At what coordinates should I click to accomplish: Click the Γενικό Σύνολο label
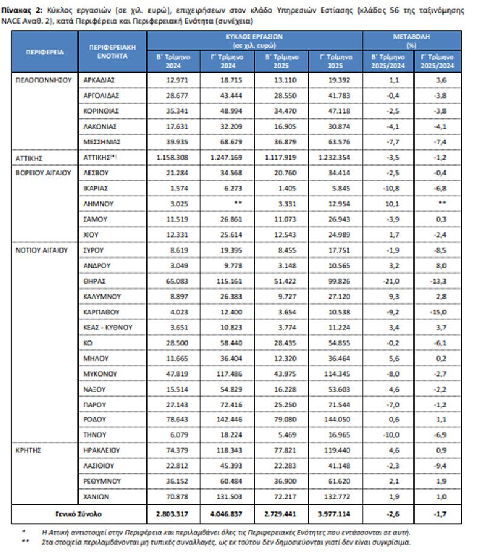point(78,514)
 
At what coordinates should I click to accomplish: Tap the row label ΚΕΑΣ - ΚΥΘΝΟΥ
point(108,328)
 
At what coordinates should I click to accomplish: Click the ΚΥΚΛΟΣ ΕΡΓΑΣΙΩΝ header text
point(254,36)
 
